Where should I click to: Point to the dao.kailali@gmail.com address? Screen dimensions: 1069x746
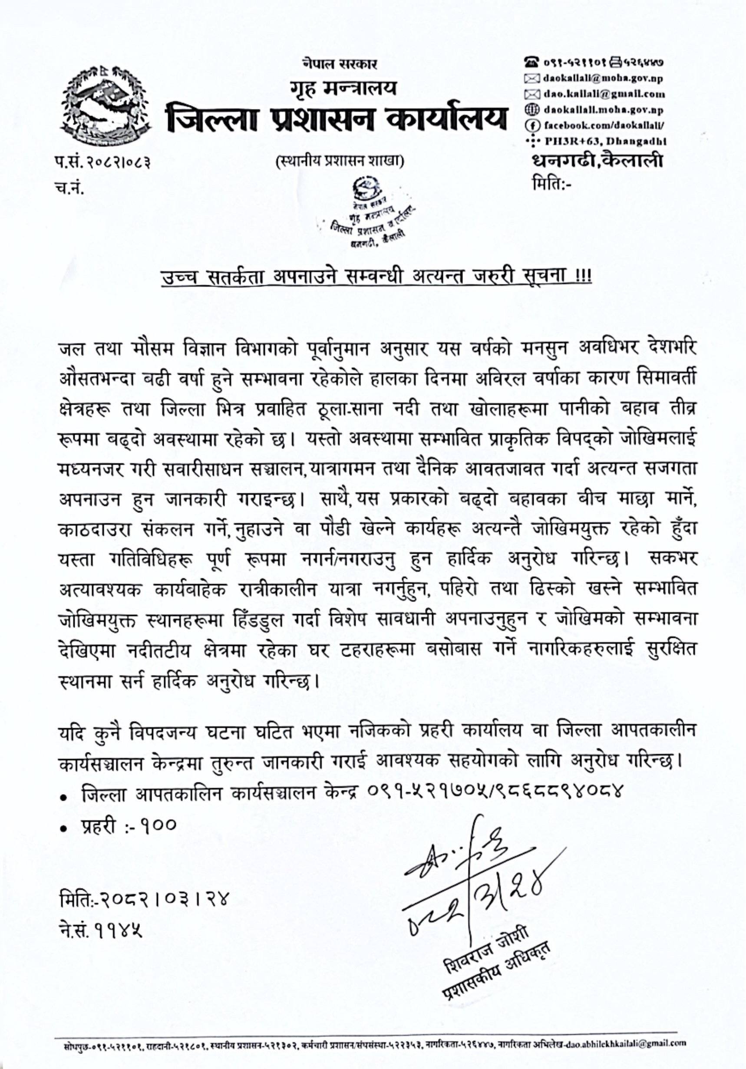point(604,94)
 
